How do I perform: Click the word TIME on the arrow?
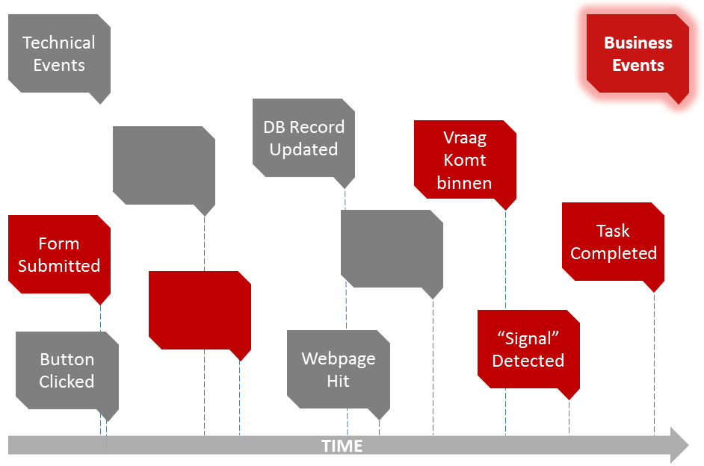[342, 447]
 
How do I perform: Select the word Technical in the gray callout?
[59, 43]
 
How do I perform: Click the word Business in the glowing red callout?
[638, 43]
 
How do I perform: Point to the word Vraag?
[465, 138]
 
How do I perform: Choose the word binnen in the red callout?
[464, 183]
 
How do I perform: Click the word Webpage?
[338, 358]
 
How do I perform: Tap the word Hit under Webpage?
[338, 382]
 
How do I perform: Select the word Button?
[67, 359]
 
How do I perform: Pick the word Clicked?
[67, 382]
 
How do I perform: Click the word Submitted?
[59, 266]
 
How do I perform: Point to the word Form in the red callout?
[59, 243]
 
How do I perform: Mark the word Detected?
[528, 361]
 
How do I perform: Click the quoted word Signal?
[528, 338]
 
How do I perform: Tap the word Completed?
[613, 253]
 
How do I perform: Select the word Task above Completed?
[613, 231]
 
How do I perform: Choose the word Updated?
[303, 149]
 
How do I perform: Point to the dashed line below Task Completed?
[654, 358]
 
